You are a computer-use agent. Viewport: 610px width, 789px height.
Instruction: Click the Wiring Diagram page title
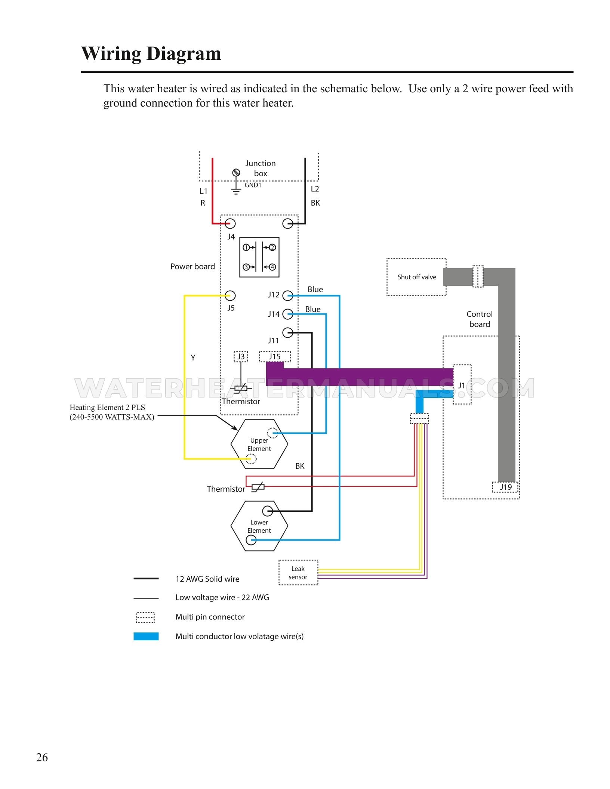[151, 53]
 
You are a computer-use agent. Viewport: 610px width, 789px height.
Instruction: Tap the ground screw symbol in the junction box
[236, 173]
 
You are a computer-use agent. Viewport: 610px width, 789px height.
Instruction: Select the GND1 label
[253, 185]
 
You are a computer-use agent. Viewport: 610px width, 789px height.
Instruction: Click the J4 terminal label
[231, 237]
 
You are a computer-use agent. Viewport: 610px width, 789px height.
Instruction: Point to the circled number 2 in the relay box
[272, 247]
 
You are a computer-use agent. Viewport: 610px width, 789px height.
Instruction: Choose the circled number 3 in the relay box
[246, 267]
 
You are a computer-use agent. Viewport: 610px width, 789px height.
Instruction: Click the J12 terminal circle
[287, 296]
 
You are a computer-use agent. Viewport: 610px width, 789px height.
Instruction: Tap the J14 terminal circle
[287, 314]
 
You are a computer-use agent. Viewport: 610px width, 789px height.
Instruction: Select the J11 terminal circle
[287, 332]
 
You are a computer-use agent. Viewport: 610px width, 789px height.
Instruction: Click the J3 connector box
[241, 357]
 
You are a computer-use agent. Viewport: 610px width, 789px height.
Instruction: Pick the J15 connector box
[275, 357]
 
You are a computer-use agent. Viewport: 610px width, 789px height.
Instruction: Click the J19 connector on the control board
[506, 487]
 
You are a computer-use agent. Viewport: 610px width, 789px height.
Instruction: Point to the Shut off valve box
[416, 277]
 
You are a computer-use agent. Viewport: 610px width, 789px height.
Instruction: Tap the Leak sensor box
[298, 573]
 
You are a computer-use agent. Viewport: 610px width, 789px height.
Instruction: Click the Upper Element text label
[259, 445]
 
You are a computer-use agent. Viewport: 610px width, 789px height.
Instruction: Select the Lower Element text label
[259, 526]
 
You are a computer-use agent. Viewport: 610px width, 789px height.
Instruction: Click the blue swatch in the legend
[146, 636]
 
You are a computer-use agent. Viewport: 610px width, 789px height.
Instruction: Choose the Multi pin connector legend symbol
[145, 617]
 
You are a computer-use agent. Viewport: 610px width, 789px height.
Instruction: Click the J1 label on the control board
[462, 385]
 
